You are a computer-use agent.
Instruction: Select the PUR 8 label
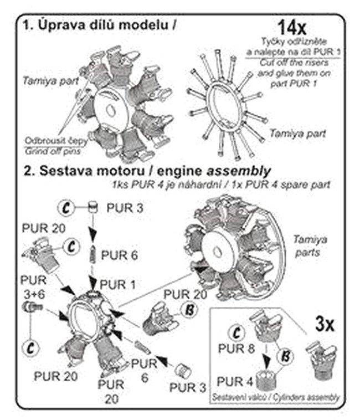pyautogui.click(x=237, y=349)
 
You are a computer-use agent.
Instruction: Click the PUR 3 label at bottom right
pyautogui.click(x=191, y=388)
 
